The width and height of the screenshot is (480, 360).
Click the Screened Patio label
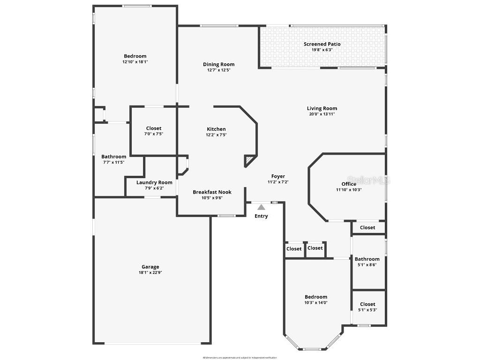[322, 44]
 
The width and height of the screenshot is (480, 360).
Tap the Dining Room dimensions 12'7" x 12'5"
[218, 70]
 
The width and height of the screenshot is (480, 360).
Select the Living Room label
[322, 108]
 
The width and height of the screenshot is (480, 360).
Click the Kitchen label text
[216, 129]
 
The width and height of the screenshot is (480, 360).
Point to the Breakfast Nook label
[212, 192]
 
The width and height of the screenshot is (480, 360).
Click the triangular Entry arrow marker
[261, 207]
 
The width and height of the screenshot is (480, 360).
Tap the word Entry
[261, 216]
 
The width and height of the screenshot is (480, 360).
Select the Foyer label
[278, 176]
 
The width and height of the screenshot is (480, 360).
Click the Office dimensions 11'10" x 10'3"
[349, 190]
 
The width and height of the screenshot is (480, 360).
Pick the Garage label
[150, 267]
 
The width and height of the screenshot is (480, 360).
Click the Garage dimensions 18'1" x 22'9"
[150, 272]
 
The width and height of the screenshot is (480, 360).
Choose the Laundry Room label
[154, 182]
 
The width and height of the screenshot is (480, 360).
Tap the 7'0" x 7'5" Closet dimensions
[154, 134]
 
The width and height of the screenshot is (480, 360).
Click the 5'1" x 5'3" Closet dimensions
[367, 310]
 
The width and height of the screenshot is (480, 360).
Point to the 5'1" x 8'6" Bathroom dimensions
[367, 265]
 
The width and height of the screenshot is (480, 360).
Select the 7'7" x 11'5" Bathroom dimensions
[113, 162]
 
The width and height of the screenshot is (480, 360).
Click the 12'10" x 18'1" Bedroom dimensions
[135, 61]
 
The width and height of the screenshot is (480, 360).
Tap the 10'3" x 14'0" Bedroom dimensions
[316, 302]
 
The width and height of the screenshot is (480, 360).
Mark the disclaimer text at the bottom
[240, 358]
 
